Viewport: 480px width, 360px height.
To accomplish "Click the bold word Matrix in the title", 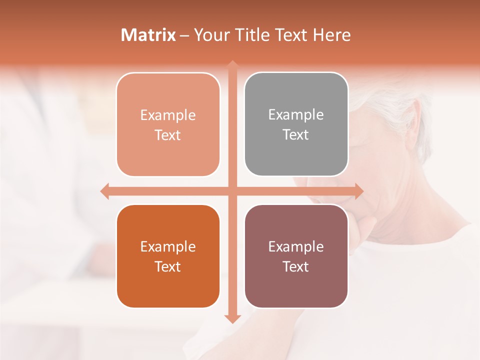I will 148,35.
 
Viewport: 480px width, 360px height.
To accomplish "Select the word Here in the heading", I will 331,35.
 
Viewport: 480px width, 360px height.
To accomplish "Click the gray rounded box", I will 296,124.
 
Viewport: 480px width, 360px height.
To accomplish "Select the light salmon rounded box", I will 168,124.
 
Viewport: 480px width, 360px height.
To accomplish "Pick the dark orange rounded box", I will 168,256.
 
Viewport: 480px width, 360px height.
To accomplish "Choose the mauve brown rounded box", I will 296,256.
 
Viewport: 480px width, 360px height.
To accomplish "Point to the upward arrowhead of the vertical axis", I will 232,64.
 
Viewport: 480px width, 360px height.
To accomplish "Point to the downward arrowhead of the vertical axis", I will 232,318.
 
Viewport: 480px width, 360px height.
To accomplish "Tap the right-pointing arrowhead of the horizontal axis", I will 358,191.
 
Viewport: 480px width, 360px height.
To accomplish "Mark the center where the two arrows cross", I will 232,191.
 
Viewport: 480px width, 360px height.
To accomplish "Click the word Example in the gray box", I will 296,114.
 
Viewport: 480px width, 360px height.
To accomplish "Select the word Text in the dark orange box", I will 168,266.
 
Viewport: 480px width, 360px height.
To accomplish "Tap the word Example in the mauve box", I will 296,246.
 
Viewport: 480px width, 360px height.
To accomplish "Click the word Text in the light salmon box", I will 168,135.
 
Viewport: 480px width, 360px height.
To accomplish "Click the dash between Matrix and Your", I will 184,35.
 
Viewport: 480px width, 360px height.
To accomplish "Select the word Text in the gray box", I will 296,134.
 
